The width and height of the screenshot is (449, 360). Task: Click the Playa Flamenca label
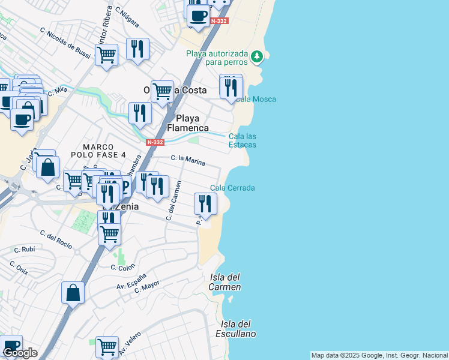[188, 123]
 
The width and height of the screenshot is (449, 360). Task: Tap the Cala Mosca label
[256, 99]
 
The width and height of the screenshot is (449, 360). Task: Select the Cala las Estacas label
[243, 140]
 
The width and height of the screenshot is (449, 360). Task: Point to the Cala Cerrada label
[232, 188]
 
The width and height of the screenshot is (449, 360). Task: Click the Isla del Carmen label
[225, 282]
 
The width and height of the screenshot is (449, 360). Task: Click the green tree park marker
[257, 56]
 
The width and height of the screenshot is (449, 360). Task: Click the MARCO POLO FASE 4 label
[104, 151]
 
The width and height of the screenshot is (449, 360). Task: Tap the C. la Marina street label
[188, 160]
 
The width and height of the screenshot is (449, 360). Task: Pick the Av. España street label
[131, 281]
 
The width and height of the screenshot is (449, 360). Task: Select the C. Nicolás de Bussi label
[65, 41]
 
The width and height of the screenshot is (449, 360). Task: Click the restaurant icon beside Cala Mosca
[231, 87]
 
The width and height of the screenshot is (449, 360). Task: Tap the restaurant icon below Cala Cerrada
[205, 204]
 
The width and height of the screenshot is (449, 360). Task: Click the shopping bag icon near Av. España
[73, 293]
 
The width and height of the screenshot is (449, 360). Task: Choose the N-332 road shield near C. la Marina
[154, 142]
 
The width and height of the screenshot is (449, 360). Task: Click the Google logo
[20, 353]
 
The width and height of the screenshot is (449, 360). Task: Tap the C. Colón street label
[123, 267]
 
